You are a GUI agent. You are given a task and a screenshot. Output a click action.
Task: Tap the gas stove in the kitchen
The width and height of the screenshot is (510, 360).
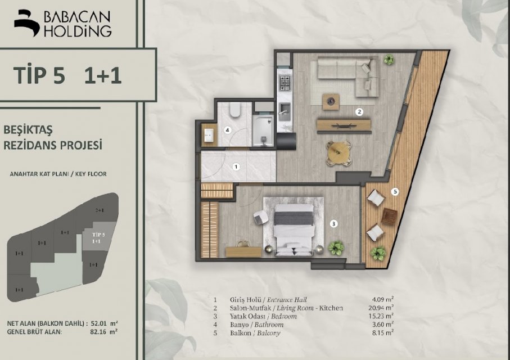pos(285,83)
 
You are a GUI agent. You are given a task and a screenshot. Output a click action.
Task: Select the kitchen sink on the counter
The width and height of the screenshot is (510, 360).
pos(285,110)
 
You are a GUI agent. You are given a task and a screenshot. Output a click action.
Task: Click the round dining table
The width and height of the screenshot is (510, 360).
pos(339,152)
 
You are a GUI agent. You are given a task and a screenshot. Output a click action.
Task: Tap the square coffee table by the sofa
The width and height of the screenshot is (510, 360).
pos(331,102)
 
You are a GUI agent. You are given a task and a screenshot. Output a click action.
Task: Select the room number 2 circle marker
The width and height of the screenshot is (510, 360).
pos(359,112)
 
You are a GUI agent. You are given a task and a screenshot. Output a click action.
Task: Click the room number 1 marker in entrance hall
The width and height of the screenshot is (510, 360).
pos(237,167)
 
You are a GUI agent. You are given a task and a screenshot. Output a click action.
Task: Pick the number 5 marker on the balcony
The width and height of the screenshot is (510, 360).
pos(395,192)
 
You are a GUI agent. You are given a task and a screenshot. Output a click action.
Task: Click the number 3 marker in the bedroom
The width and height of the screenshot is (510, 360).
pos(333,224)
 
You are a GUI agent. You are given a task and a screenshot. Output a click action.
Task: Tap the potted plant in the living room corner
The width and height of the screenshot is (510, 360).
pos(389,60)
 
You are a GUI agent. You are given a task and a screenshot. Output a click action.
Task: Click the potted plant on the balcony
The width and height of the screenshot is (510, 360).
pos(378,253)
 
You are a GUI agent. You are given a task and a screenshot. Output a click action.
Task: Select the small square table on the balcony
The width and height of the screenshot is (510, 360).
pos(389,217)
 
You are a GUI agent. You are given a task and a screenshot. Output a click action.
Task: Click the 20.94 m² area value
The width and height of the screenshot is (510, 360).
pos(383,308)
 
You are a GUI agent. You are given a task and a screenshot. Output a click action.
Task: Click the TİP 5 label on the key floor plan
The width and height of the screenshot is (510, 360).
pos(98,235)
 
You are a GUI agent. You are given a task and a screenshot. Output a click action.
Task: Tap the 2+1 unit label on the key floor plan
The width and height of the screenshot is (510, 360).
pos(100,210)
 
